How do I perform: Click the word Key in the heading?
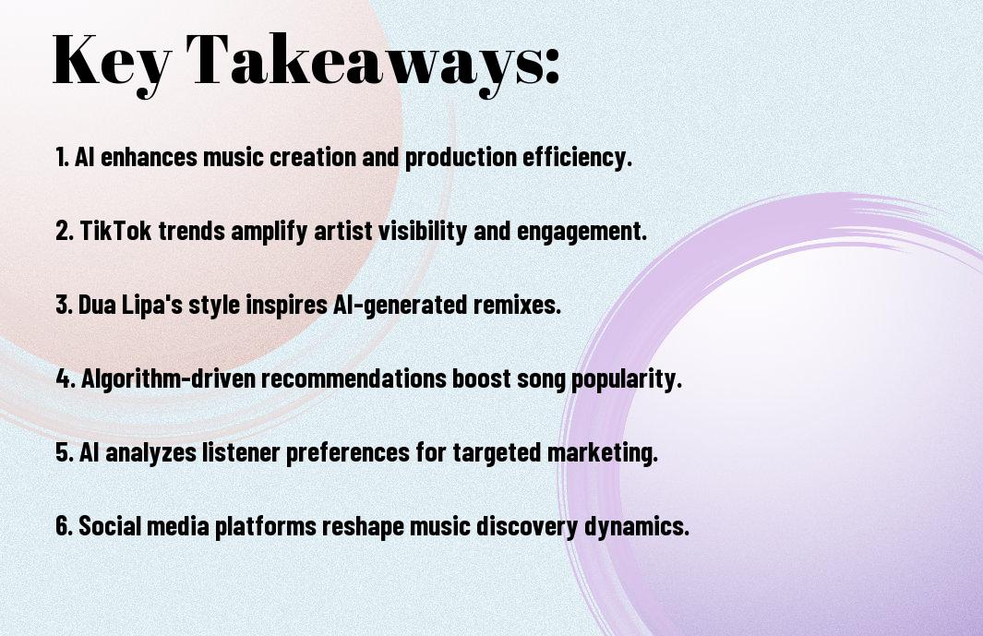tap(112, 62)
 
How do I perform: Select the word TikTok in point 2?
tap(116, 230)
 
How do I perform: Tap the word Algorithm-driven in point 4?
tap(168, 378)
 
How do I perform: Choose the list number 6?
tap(64, 525)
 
